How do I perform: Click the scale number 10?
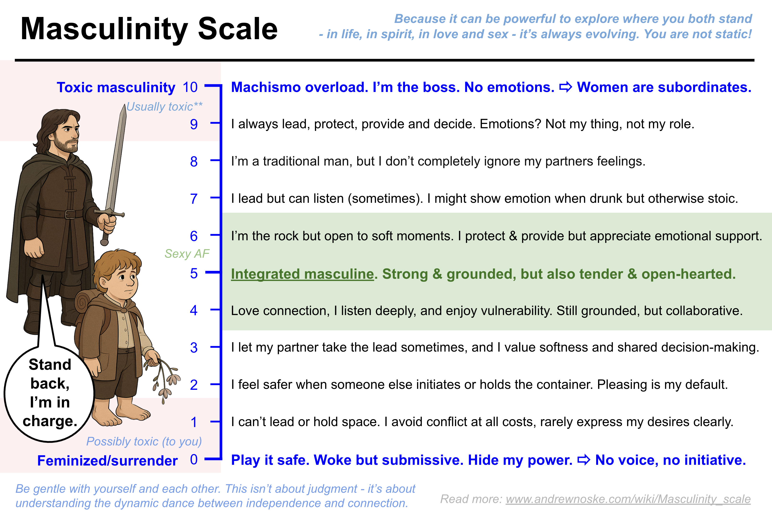point(190,87)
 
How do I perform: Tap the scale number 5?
point(194,273)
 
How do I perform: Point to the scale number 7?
point(194,199)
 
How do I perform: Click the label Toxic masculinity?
point(116,87)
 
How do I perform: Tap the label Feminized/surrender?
point(107,460)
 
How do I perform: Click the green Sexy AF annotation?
point(187,254)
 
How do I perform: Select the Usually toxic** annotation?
point(164,107)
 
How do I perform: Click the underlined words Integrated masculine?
point(302,274)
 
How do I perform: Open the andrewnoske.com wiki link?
point(628,499)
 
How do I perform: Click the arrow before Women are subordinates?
point(565,87)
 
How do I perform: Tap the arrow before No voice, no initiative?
point(584,460)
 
